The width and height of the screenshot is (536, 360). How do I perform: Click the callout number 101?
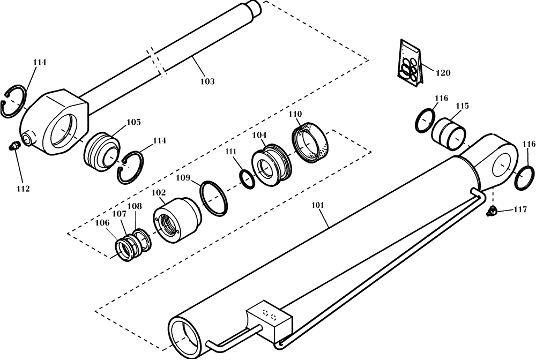318,205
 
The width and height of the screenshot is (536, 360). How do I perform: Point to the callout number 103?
207,81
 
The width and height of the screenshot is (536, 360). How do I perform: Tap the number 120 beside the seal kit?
443,72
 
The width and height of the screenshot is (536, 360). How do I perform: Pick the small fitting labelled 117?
490,213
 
